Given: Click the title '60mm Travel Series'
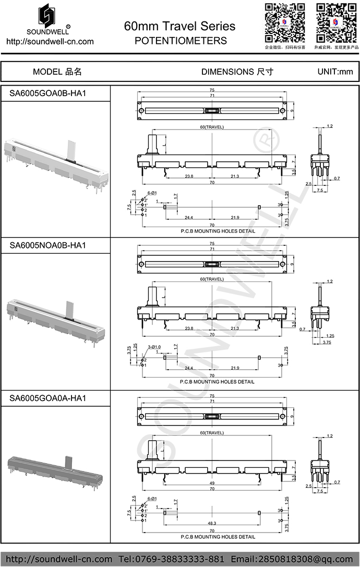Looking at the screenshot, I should coord(179,26).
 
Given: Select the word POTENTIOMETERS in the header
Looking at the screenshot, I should coord(181,40).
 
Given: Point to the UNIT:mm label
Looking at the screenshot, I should coord(335,72).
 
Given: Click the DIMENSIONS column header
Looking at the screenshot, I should coord(237,72).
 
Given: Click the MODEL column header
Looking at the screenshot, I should coord(57,72).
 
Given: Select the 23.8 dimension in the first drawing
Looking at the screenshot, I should coord(189,176).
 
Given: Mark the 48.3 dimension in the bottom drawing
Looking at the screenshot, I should coord(211,524).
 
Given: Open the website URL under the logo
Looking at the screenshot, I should coord(50,41).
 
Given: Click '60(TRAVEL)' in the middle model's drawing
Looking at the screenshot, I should coord(211,279).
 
